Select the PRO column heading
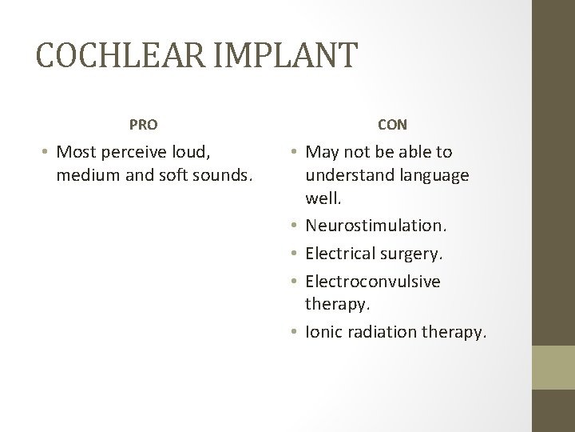(144, 124)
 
